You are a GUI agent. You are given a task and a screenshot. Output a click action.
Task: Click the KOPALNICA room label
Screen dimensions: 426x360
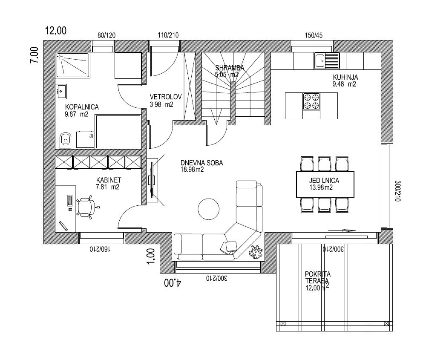point(82,107)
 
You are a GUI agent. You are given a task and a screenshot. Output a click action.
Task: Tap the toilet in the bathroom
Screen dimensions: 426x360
point(65,141)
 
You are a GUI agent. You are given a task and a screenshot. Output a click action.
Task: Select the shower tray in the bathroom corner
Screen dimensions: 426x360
point(73,65)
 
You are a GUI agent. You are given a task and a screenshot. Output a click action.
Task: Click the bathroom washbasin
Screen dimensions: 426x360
point(61,92)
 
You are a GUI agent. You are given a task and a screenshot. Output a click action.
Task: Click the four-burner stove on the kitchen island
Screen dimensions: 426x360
point(311,101)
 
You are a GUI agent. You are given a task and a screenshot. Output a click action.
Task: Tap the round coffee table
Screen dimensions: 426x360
point(209,209)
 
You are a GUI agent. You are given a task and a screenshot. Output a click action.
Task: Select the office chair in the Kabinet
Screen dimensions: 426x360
point(86,207)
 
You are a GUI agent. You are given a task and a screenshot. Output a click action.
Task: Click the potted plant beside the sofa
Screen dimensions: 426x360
point(256,252)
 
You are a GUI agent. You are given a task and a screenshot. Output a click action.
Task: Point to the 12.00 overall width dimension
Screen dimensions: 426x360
point(55,30)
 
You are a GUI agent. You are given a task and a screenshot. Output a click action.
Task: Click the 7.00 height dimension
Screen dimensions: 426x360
point(34,55)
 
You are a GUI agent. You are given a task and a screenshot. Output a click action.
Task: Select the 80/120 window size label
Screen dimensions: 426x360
point(106,35)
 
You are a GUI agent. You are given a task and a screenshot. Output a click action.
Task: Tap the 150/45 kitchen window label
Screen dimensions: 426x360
point(314,35)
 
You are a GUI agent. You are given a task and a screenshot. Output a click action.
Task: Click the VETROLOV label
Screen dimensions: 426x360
point(165,97)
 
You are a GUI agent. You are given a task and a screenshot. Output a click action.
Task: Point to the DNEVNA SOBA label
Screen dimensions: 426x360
point(201,163)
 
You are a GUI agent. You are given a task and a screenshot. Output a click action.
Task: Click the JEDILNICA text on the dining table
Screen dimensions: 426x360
point(324,180)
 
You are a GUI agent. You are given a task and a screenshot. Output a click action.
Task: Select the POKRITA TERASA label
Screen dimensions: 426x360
point(318,277)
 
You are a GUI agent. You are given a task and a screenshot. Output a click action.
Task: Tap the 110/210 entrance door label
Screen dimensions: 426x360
point(168,35)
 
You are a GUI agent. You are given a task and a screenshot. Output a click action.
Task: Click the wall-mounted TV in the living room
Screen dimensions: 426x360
point(152,180)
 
